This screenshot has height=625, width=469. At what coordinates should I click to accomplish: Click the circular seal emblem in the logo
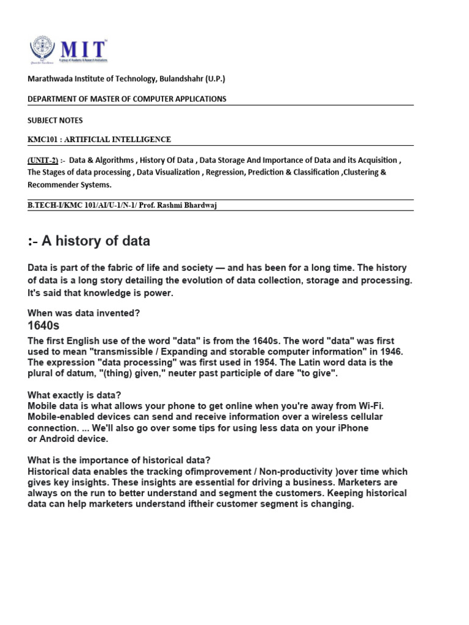(x=42, y=49)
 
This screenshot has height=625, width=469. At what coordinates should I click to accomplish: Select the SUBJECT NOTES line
(x=55, y=120)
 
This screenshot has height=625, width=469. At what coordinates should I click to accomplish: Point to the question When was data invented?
(x=84, y=313)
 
